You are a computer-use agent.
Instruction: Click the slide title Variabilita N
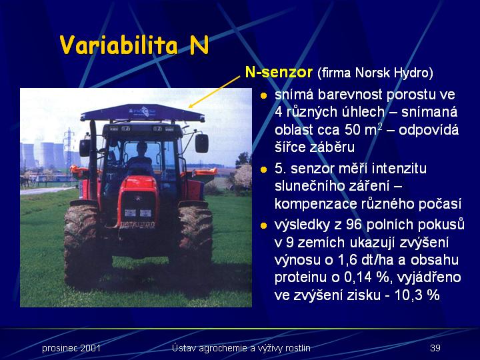(135, 45)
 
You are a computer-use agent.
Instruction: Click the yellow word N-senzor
(279, 72)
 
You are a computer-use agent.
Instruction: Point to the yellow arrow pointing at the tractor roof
(214, 92)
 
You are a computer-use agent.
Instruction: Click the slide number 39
(435, 348)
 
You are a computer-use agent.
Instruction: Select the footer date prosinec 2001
(71, 349)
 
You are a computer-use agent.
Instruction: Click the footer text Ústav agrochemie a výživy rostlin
(241, 349)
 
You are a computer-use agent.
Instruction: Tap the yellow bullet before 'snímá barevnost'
(263, 96)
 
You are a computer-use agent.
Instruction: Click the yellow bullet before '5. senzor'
(263, 169)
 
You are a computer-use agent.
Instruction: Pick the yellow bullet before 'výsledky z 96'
(263, 226)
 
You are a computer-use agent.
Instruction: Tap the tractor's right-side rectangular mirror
(202, 143)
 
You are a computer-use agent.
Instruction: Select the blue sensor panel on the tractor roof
(143, 113)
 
